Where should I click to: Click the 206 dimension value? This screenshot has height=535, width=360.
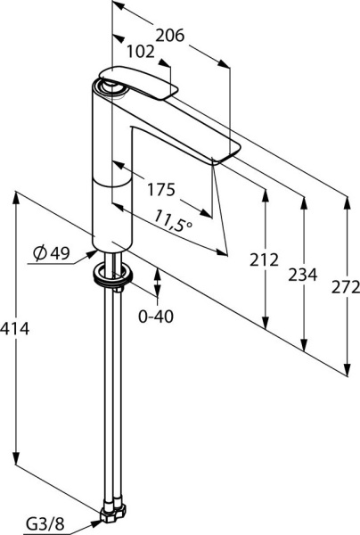pyautogui.click(x=169, y=36)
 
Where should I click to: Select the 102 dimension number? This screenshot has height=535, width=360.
pyautogui.click(x=141, y=52)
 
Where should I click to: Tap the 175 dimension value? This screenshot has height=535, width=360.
pyautogui.click(x=161, y=189)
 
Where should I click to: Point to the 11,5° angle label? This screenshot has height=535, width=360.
pyautogui.click(x=172, y=219)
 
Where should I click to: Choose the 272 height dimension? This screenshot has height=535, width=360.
pyautogui.click(x=345, y=287)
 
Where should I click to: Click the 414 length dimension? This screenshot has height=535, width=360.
pyautogui.click(x=15, y=329)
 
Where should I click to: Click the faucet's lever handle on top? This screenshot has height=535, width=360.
pyautogui.click(x=143, y=86)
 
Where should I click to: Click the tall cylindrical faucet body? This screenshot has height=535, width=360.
pyautogui.click(x=110, y=169)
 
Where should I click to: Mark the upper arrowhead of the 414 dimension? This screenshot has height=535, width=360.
pyautogui.click(x=16, y=193)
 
